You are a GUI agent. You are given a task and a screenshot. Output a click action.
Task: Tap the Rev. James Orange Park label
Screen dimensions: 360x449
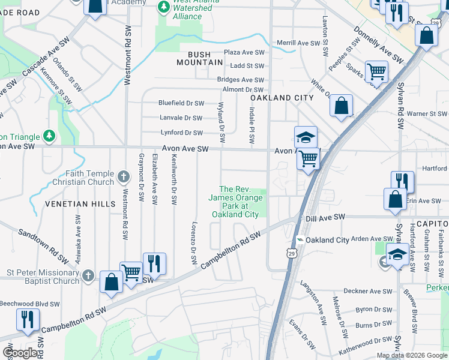coord(234,202)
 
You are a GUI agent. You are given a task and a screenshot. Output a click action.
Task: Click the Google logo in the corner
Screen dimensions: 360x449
coord(20,353)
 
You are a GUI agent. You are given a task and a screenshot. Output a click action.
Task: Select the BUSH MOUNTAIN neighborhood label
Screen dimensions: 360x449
coord(202,58)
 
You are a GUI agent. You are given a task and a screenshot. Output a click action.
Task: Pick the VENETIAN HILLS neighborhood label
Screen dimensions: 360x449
coord(80,204)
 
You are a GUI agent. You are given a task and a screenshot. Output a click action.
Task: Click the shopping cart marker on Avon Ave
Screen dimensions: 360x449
coord(308,160)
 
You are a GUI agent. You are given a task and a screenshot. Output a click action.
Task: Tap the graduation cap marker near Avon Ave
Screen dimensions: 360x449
coord(305,137)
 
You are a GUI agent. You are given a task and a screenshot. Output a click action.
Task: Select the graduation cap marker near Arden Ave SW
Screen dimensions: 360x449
coord(397,254)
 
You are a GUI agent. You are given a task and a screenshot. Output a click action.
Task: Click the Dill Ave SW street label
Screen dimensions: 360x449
coord(326,217)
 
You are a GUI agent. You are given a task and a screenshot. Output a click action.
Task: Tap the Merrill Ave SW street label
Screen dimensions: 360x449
coord(300,43)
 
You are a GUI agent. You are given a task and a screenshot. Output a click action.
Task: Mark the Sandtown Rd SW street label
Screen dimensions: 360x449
coord(43,247)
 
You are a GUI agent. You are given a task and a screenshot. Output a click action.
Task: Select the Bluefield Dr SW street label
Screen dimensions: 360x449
coord(181,103)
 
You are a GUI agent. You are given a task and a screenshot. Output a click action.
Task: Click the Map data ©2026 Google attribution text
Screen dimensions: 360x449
coord(411,355)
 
